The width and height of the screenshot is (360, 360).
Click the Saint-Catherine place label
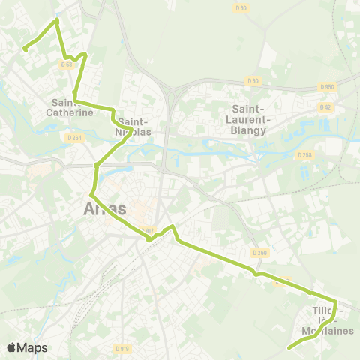tap(73, 107)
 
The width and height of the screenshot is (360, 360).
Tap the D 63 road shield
tap(67, 64)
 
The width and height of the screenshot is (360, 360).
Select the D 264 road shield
tap(73, 137)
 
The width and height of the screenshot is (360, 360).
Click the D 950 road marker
tap(326, 87)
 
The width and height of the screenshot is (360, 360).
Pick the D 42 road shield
tap(325, 107)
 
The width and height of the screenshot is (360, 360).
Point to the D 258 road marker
tap(303, 155)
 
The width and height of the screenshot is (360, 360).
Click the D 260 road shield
tap(260, 252)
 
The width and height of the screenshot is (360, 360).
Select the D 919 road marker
tap(122, 348)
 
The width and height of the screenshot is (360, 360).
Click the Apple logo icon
tap(11, 347)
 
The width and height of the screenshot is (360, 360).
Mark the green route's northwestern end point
tap(24, 49)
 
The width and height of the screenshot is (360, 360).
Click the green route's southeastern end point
tap(289, 347)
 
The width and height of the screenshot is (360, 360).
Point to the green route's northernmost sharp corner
tap(56, 19)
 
